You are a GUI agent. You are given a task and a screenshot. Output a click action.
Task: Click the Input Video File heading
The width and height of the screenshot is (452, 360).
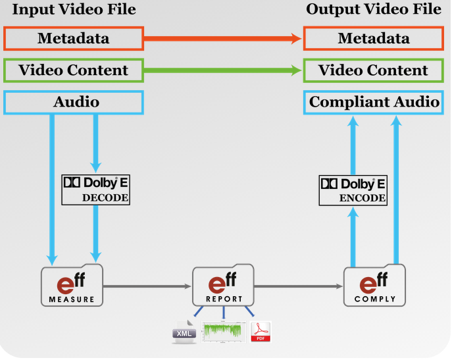coord(74,9)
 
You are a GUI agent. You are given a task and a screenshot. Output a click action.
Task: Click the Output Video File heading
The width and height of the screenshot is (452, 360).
coord(374,9)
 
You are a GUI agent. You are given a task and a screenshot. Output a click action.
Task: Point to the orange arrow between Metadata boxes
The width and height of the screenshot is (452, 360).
coord(223,38)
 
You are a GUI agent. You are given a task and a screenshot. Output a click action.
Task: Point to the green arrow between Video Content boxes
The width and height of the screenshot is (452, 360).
coord(223,70)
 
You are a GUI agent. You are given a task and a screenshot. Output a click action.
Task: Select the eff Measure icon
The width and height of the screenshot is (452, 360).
coord(72,285)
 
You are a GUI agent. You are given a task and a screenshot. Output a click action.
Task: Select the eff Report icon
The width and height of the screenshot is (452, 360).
coord(224,285)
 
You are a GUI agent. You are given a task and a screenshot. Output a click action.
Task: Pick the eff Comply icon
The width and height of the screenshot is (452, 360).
coord(375,285)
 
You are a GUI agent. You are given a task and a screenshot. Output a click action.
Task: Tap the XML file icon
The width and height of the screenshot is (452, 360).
coord(184,332)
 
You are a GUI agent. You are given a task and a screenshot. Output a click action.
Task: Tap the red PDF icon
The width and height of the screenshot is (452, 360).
coord(261,332)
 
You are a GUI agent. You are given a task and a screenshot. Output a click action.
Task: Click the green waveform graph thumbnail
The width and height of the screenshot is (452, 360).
coord(224,332)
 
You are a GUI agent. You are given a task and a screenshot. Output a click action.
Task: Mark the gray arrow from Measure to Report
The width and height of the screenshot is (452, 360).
coord(147,286)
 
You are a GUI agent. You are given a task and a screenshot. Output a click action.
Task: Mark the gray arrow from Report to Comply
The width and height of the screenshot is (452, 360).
coord(299,286)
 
